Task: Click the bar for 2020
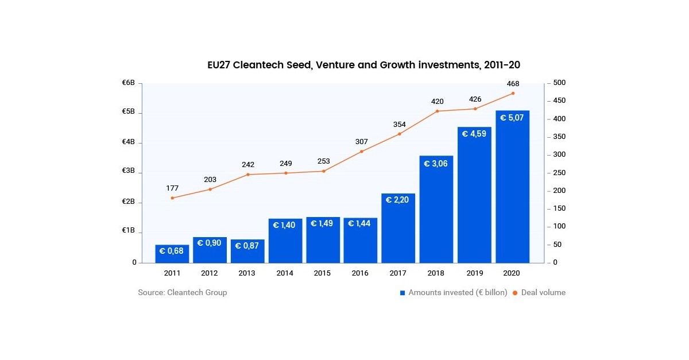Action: [x=513, y=187]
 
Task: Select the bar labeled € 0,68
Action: [x=172, y=254]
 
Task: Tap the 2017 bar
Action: [x=398, y=228]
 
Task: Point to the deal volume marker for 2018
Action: [x=437, y=111]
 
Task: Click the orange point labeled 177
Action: [x=172, y=198]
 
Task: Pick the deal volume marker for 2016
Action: [x=361, y=152]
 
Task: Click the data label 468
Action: [x=513, y=84]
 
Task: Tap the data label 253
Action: [x=323, y=161]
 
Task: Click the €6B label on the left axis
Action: [x=128, y=83]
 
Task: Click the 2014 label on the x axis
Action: [x=285, y=273]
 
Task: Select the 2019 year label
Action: [x=475, y=273]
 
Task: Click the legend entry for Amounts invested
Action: [x=454, y=292]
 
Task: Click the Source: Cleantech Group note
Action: [x=183, y=292]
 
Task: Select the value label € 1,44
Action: [x=361, y=223]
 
